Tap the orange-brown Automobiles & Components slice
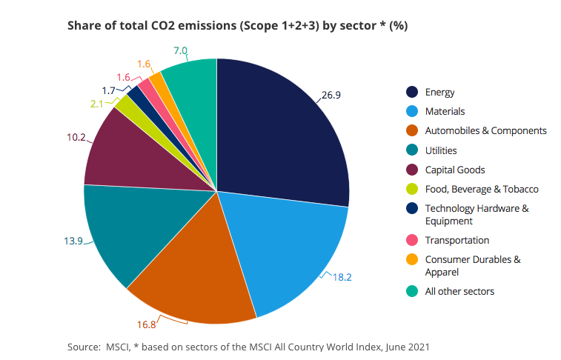193,274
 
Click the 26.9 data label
331,95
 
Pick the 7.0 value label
180,51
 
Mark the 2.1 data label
97,104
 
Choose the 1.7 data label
109,90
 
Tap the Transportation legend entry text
457,240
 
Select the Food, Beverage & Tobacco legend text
482,189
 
